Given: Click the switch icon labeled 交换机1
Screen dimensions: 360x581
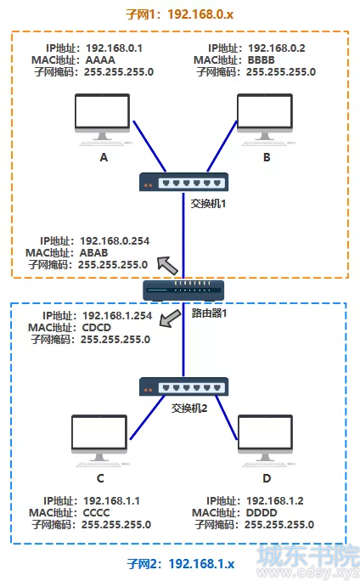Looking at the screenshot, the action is (x=183, y=182).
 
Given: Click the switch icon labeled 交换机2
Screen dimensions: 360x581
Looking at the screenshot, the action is (x=183, y=386).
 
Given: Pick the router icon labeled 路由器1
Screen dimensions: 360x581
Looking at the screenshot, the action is (x=183, y=290).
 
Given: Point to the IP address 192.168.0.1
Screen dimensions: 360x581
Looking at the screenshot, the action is (x=114, y=48).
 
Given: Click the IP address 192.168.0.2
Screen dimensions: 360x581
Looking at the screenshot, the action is (x=277, y=48).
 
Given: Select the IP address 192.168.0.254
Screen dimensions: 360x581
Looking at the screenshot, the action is (x=115, y=241).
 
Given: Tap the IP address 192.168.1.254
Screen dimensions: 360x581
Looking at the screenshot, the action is (x=117, y=316).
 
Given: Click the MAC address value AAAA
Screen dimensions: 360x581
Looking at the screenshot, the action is (x=100, y=60).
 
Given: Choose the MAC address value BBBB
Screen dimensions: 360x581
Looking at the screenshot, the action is (x=262, y=60).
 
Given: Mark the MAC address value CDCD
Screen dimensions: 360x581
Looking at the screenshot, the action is (x=96, y=328).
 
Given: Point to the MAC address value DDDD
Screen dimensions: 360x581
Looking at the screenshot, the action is (x=262, y=513).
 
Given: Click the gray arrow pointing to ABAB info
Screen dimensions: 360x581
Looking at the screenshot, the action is (x=168, y=265).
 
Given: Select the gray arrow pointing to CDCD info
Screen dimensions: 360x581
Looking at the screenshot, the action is (x=170, y=319).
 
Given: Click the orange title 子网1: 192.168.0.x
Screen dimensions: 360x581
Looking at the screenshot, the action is (x=180, y=14).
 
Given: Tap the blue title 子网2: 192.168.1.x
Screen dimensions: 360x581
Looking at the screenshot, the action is (x=181, y=564).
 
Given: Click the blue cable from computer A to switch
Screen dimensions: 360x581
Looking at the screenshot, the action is (x=149, y=146).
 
